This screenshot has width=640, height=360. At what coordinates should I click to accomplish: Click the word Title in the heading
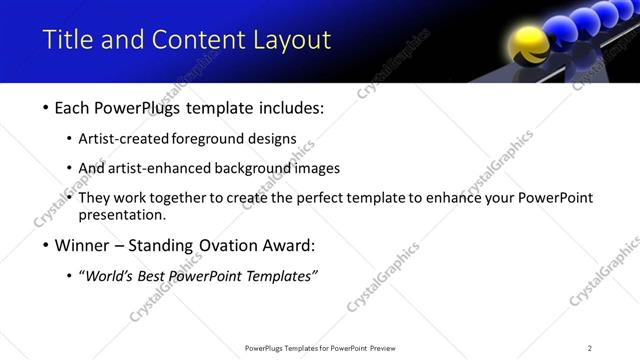click(66, 40)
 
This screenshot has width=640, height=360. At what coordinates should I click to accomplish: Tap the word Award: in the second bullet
click(288, 245)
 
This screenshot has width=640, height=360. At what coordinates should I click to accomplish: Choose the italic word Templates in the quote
click(279, 276)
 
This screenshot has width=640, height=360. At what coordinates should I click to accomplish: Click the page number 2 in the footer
click(589, 348)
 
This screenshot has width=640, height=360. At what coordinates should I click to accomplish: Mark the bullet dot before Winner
click(46, 246)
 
